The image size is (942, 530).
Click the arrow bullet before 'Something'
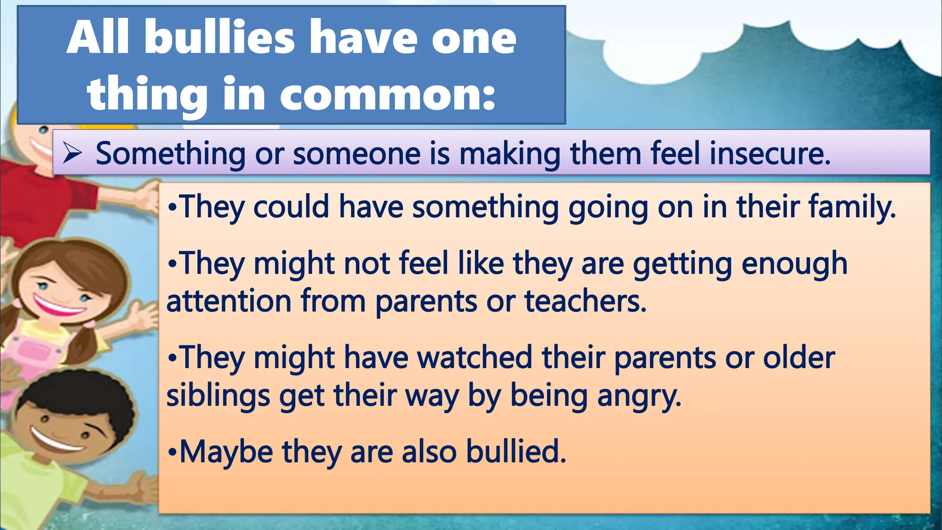pyautogui.click(x=72, y=153)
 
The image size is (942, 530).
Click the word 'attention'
pyautogui.click(x=229, y=301)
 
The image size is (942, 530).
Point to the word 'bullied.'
pyautogui.click(x=516, y=451)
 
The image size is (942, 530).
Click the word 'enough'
pyautogui.click(x=794, y=264)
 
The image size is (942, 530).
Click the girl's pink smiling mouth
pyautogui.click(x=58, y=305)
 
